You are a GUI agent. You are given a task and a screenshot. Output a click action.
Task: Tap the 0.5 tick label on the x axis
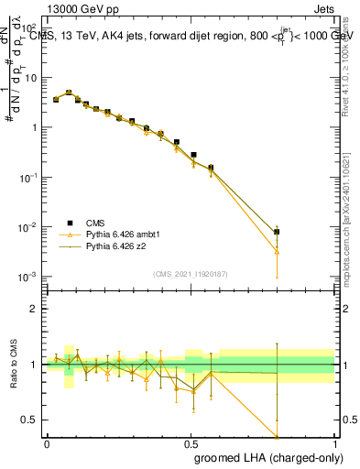click(191, 443)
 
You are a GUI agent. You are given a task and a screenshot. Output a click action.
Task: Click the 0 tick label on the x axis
click(47, 443)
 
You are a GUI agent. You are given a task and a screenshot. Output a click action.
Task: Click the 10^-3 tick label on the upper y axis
click(27, 276)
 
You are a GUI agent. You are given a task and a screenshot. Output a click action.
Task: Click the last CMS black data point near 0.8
click(277, 232)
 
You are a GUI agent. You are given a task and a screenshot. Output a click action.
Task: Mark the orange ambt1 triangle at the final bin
click(277, 251)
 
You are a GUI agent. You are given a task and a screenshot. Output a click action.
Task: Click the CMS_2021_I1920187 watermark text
click(189, 274)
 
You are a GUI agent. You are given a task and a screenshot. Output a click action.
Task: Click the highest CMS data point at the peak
click(69, 93)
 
